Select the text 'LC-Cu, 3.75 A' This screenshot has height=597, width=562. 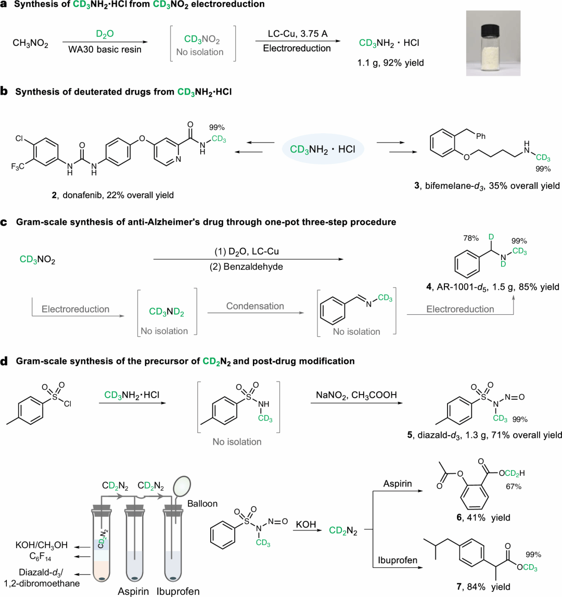[x=297, y=34]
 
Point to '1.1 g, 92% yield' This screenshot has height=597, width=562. [x=390, y=63]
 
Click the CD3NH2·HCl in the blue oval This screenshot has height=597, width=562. [x=323, y=149]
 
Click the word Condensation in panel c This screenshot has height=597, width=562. [x=255, y=306]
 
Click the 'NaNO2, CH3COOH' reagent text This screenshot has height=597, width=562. [x=356, y=395]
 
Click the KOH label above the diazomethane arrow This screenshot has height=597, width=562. [x=306, y=524]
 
